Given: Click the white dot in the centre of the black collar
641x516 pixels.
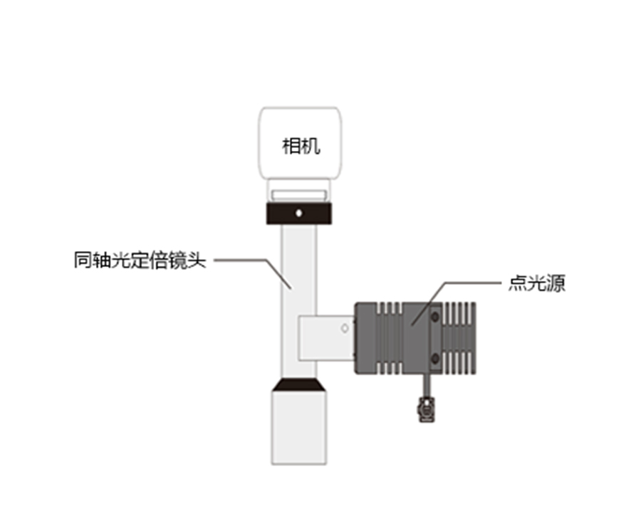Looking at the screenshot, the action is tap(299, 213).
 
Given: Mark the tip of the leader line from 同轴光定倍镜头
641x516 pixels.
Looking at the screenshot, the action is tap(291, 289).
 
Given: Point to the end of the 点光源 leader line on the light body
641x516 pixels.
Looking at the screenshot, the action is tap(412, 325).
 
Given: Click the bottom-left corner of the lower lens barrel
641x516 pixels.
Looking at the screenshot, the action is tap(272, 465).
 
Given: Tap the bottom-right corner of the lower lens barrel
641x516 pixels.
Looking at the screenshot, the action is tap(326, 465).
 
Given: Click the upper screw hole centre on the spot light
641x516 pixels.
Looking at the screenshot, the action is tap(435, 317).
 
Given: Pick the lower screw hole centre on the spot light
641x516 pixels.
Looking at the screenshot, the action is tap(435, 359).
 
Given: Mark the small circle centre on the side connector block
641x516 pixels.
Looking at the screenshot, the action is tap(345, 328).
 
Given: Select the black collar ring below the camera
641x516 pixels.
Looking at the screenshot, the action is tap(299, 214).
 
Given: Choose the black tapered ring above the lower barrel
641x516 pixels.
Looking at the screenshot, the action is tap(299, 385).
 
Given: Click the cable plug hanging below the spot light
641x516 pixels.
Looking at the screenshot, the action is tap(426, 409).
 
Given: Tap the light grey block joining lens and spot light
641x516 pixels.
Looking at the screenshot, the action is tap(326, 338).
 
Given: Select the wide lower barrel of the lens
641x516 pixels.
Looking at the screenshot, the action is tap(299, 428).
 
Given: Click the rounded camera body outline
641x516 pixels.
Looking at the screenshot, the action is tap(300, 143).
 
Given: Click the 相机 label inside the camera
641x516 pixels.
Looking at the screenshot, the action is tap(301, 146).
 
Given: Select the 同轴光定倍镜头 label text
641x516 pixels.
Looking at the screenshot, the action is tap(140, 260).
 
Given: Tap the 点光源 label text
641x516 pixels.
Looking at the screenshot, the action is tap(537, 283).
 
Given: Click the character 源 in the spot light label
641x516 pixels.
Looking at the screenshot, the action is tap(556, 283).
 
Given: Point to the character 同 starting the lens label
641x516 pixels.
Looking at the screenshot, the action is tap(83, 260).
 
